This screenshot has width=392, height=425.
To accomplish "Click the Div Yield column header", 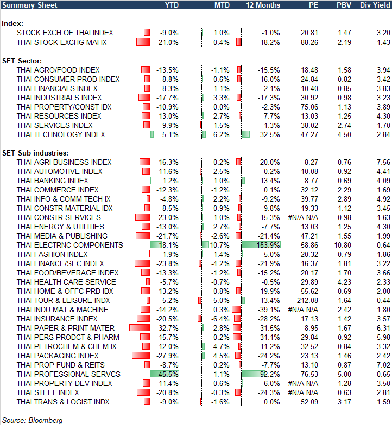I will tap(374, 5).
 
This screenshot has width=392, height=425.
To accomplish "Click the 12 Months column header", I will tap(263, 5).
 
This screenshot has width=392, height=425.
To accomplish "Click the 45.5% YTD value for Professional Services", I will tap(168, 374).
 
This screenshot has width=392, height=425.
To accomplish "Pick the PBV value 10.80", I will tap(342, 245).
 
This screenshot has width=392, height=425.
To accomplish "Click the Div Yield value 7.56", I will tap(382, 162).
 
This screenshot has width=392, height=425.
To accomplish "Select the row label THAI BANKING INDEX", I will tap(52, 181).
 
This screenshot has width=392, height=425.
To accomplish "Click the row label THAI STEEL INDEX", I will tap(48, 392).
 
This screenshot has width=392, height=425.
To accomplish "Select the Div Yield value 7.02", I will tap(382, 365).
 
